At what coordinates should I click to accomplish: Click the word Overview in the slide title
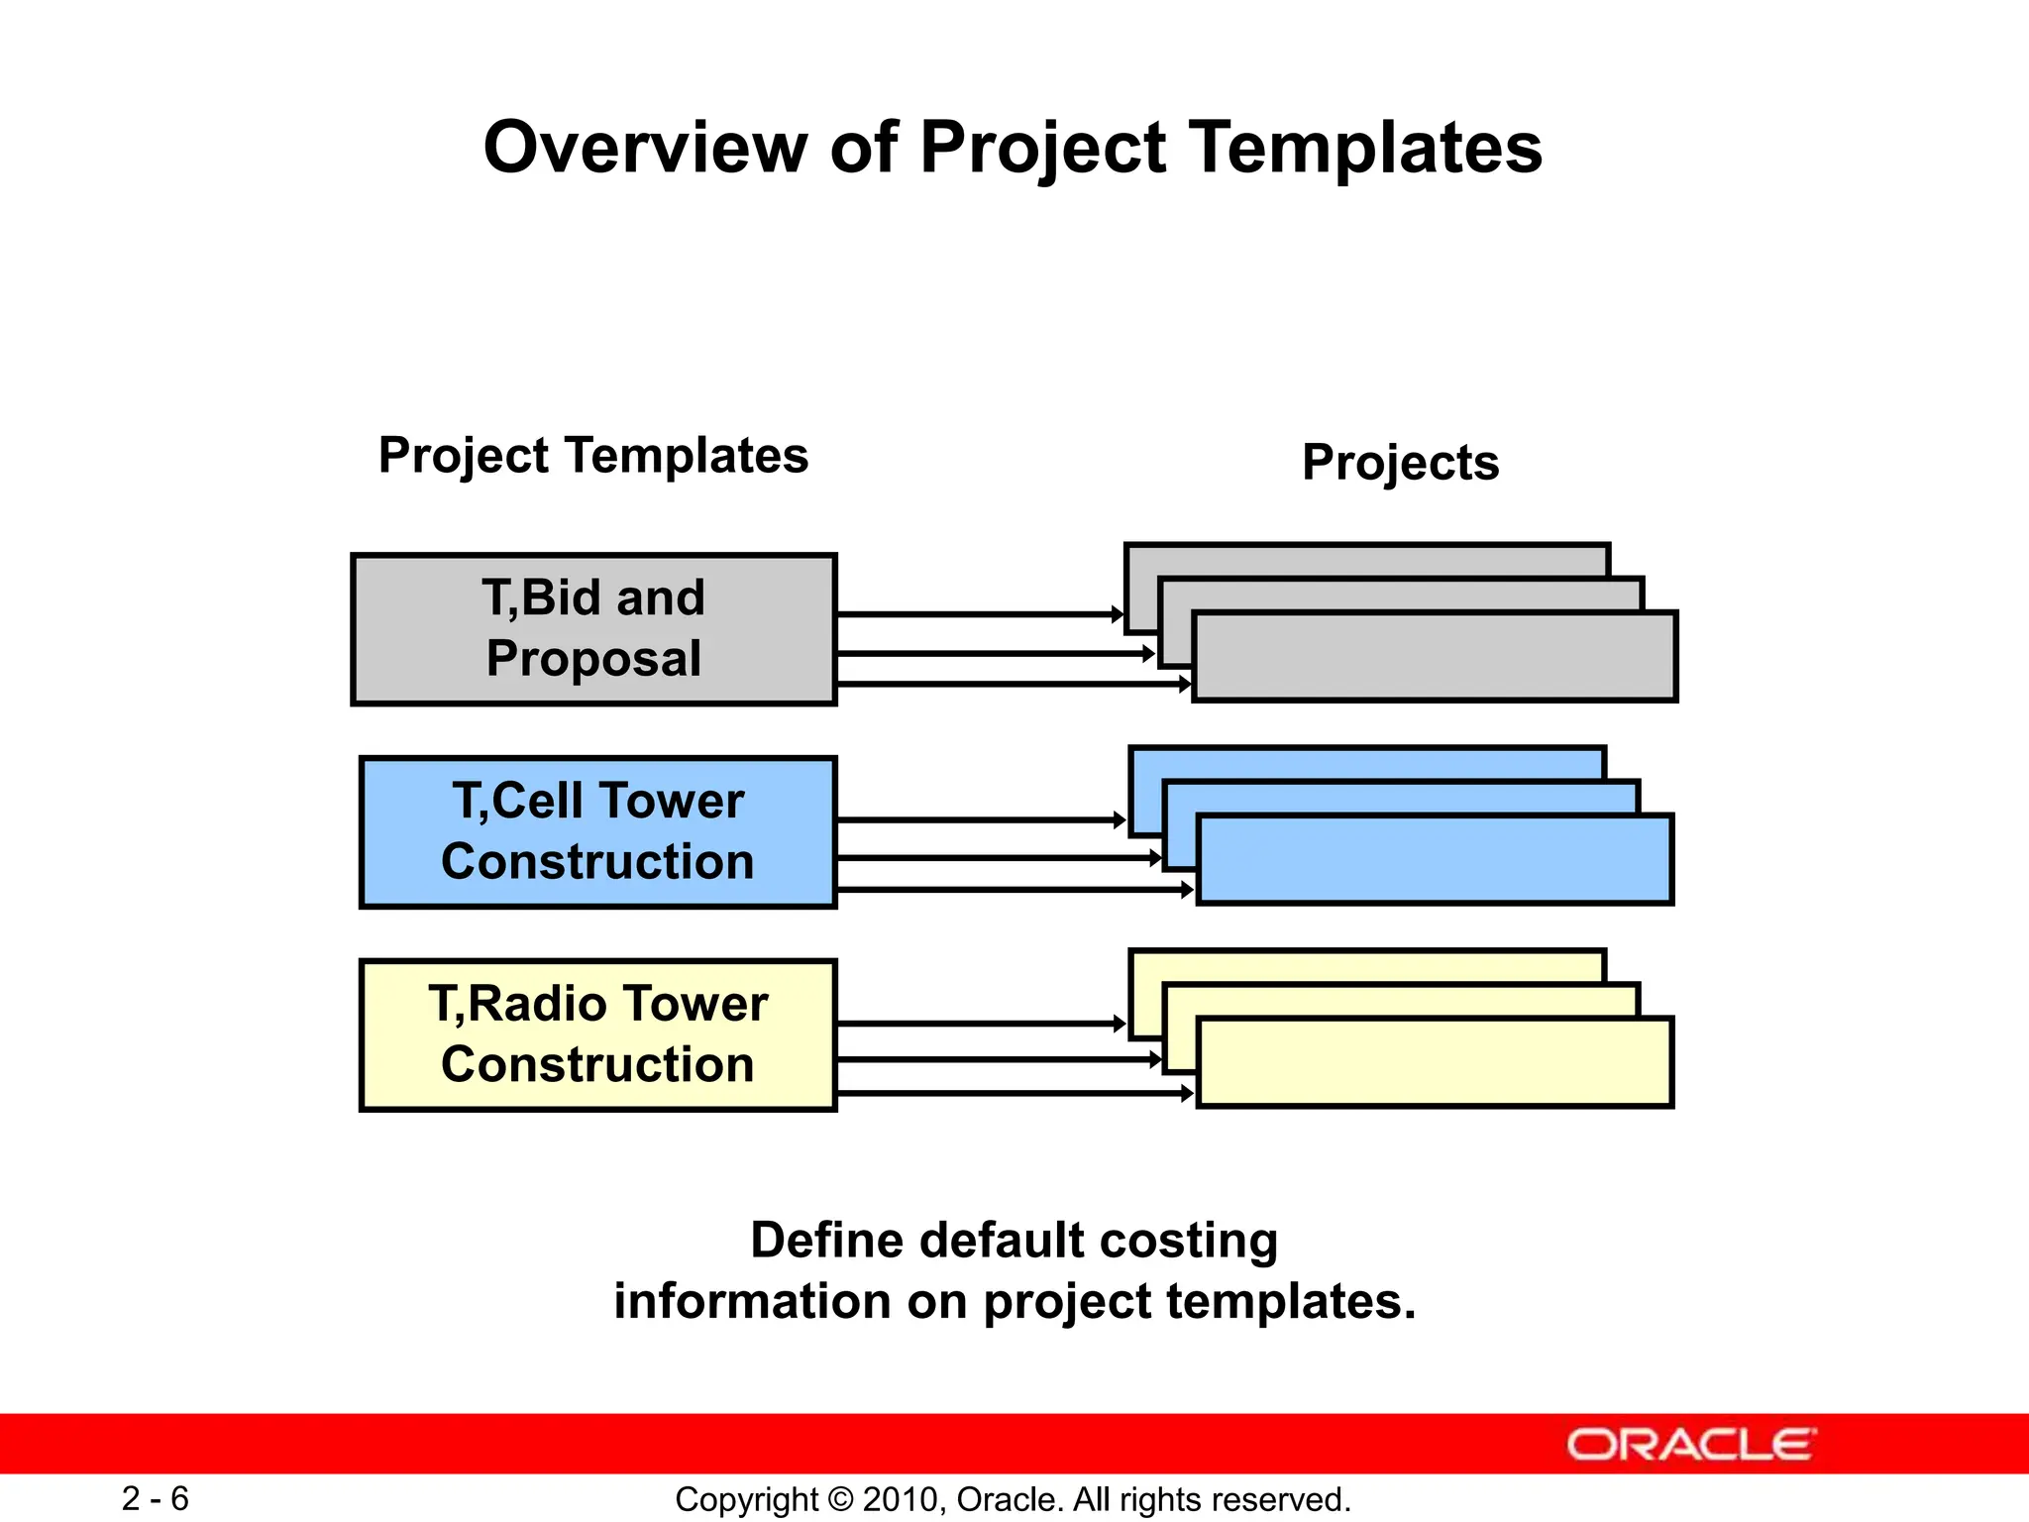[x=644, y=149]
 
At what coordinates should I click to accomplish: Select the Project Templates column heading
[x=593, y=456]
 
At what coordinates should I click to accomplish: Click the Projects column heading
[x=1400, y=463]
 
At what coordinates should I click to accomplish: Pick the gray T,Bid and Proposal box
[x=593, y=629]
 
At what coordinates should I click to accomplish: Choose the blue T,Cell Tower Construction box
[x=597, y=831]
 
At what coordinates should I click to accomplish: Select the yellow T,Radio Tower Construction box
[x=597, y=1034]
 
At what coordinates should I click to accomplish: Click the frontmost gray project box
[x=1434, y=657]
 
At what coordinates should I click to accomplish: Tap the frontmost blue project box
[x=1434, y=859]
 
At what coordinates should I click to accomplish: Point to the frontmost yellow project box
[x=1434, y=1062]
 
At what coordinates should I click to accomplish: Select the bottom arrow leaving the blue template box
[x=1011, y=890]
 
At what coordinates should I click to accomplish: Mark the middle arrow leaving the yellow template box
[x=996, y=1059]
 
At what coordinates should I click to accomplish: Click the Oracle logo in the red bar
[x=1690, y=1445]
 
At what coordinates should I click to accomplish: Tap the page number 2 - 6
[x=156, y=1498]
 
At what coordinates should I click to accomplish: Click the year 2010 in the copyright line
[x=895, y=1499]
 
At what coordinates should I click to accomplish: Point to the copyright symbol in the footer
[x=840, y=1499]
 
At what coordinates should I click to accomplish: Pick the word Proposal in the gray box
[x=593, y=659]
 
